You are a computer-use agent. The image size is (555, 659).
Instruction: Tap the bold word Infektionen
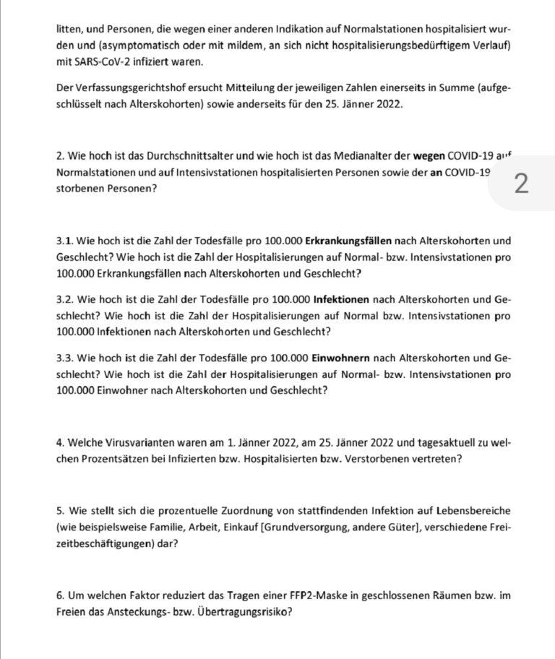[x=343, y=300]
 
